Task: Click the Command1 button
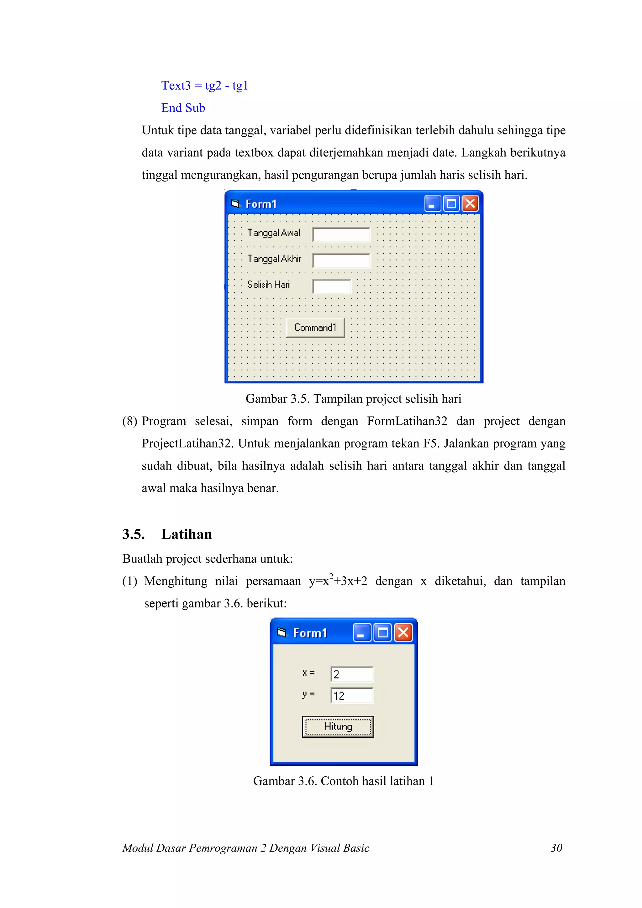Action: [315, 328]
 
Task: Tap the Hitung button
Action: [338, 727]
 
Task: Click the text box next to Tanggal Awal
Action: [341, 234]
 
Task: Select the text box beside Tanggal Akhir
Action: [341, 260]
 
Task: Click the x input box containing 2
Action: [352, 674]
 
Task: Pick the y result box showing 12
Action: [352, 695]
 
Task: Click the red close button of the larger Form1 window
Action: [470, 204]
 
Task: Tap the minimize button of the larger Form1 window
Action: [432, 204]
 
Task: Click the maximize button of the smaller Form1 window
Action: [382, 633]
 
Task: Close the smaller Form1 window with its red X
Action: [403, 633]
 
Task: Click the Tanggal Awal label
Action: [274, 233]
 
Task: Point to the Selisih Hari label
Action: [269, 284]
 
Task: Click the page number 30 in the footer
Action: [556, 848]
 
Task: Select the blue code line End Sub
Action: [183, 108]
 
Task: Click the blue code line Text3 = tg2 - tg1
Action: [204, 86]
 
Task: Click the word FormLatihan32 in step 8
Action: [407, 421]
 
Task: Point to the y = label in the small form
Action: [308, 694]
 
